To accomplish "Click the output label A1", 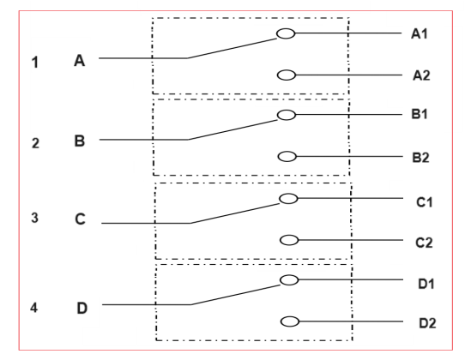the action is (x=420, y=33).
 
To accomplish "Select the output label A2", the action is (x=421, y=75).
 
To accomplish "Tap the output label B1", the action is (x=420, y=114).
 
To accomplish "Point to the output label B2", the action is (x=420, y=158).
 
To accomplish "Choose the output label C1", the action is (x=425, y=202).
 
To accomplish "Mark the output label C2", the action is (x=424, y=243).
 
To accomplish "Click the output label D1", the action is (x=426, y=284).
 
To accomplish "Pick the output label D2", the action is (x=427, y=323).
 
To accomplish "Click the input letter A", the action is (x=80, y=61).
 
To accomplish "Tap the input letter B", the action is (x=80, y=141).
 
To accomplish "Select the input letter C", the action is (x=80, y=219).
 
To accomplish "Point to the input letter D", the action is (x=82, y=309).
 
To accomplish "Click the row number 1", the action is (x=35, y=63).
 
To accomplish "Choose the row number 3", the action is (x=34, y=218).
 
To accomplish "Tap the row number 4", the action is (x=33, y=308).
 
